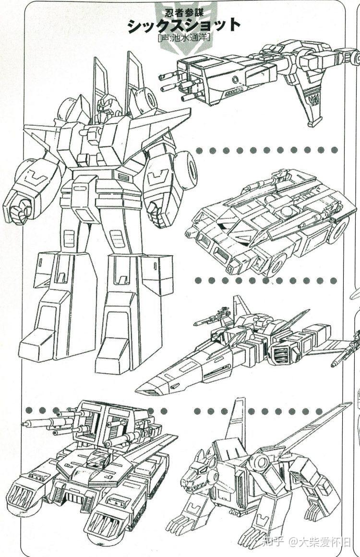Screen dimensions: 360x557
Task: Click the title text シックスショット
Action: [184, 26]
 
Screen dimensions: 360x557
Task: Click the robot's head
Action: [109, 104]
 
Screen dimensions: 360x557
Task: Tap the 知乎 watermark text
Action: [272, 542]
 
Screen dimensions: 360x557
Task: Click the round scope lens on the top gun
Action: [235, 79]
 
